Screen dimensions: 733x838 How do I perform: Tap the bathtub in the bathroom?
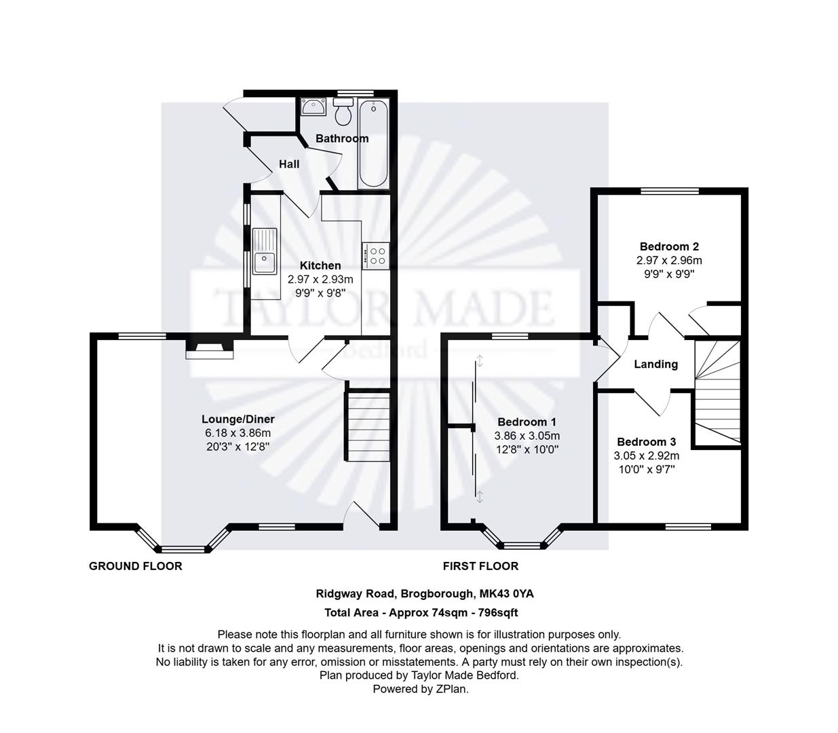pyautogui.click(x=373, y=144)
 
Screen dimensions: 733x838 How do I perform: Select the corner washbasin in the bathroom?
pyautogui.click(x=312, y=106)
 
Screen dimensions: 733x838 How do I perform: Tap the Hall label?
pyautogui.click(x=289, y=164)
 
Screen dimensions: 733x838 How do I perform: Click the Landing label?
pyautogui.click(x=655, y=364)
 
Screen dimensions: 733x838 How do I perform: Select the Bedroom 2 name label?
pyautogui.click(x=669, y=246)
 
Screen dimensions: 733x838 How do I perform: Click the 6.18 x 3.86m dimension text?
pyautogui.click(x=237, y=433)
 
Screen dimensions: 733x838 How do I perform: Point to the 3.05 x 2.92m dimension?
pyautogui.click(x=646, y=455)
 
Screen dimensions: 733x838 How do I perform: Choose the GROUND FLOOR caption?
pyautogui.click(x=136, y=566)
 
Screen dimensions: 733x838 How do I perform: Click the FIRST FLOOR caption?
pyautogui.click(x=480, y=566)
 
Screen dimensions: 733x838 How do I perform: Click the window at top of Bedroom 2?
pyautogui.click(x=670, y=191)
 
